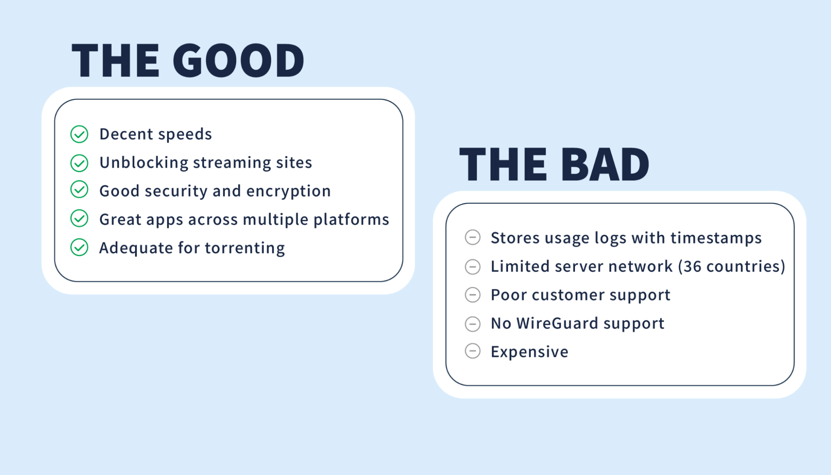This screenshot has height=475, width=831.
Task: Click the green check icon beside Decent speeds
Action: [x=79, y=134]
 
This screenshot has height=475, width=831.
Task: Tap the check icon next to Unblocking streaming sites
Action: [x=79, y=163]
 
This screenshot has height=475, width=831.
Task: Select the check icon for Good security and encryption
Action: [x=79, y=190]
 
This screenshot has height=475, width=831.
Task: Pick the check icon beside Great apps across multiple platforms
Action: [x=79, y=218]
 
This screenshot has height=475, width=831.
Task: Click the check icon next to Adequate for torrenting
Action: [x=79, y=247]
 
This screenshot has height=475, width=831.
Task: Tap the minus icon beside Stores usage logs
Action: [x=473, y=237]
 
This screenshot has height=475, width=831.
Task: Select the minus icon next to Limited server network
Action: [x=473, y=266]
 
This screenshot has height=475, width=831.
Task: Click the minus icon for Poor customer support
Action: [x=473, y=295]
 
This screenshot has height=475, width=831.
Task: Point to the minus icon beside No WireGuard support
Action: [x=473, y=324]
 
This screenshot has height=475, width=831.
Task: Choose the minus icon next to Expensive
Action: [x=473, y=351]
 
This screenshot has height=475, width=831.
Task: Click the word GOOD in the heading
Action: [x=239, y=61]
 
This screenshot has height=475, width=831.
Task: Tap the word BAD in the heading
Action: [x=605, y=165]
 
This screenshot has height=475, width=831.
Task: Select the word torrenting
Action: [x=245, y=249]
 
